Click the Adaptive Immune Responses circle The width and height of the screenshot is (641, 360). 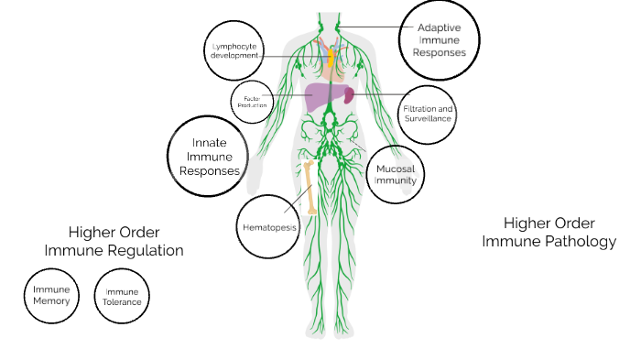440,40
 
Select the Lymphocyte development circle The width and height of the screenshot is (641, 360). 231,49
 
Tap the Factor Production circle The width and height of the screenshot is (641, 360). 250,99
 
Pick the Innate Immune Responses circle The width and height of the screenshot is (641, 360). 209,157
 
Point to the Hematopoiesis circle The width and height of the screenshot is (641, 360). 269,223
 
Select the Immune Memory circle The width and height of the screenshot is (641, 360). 51,295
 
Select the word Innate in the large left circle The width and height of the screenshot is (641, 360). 209,143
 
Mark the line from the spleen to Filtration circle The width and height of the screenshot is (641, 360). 375,94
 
